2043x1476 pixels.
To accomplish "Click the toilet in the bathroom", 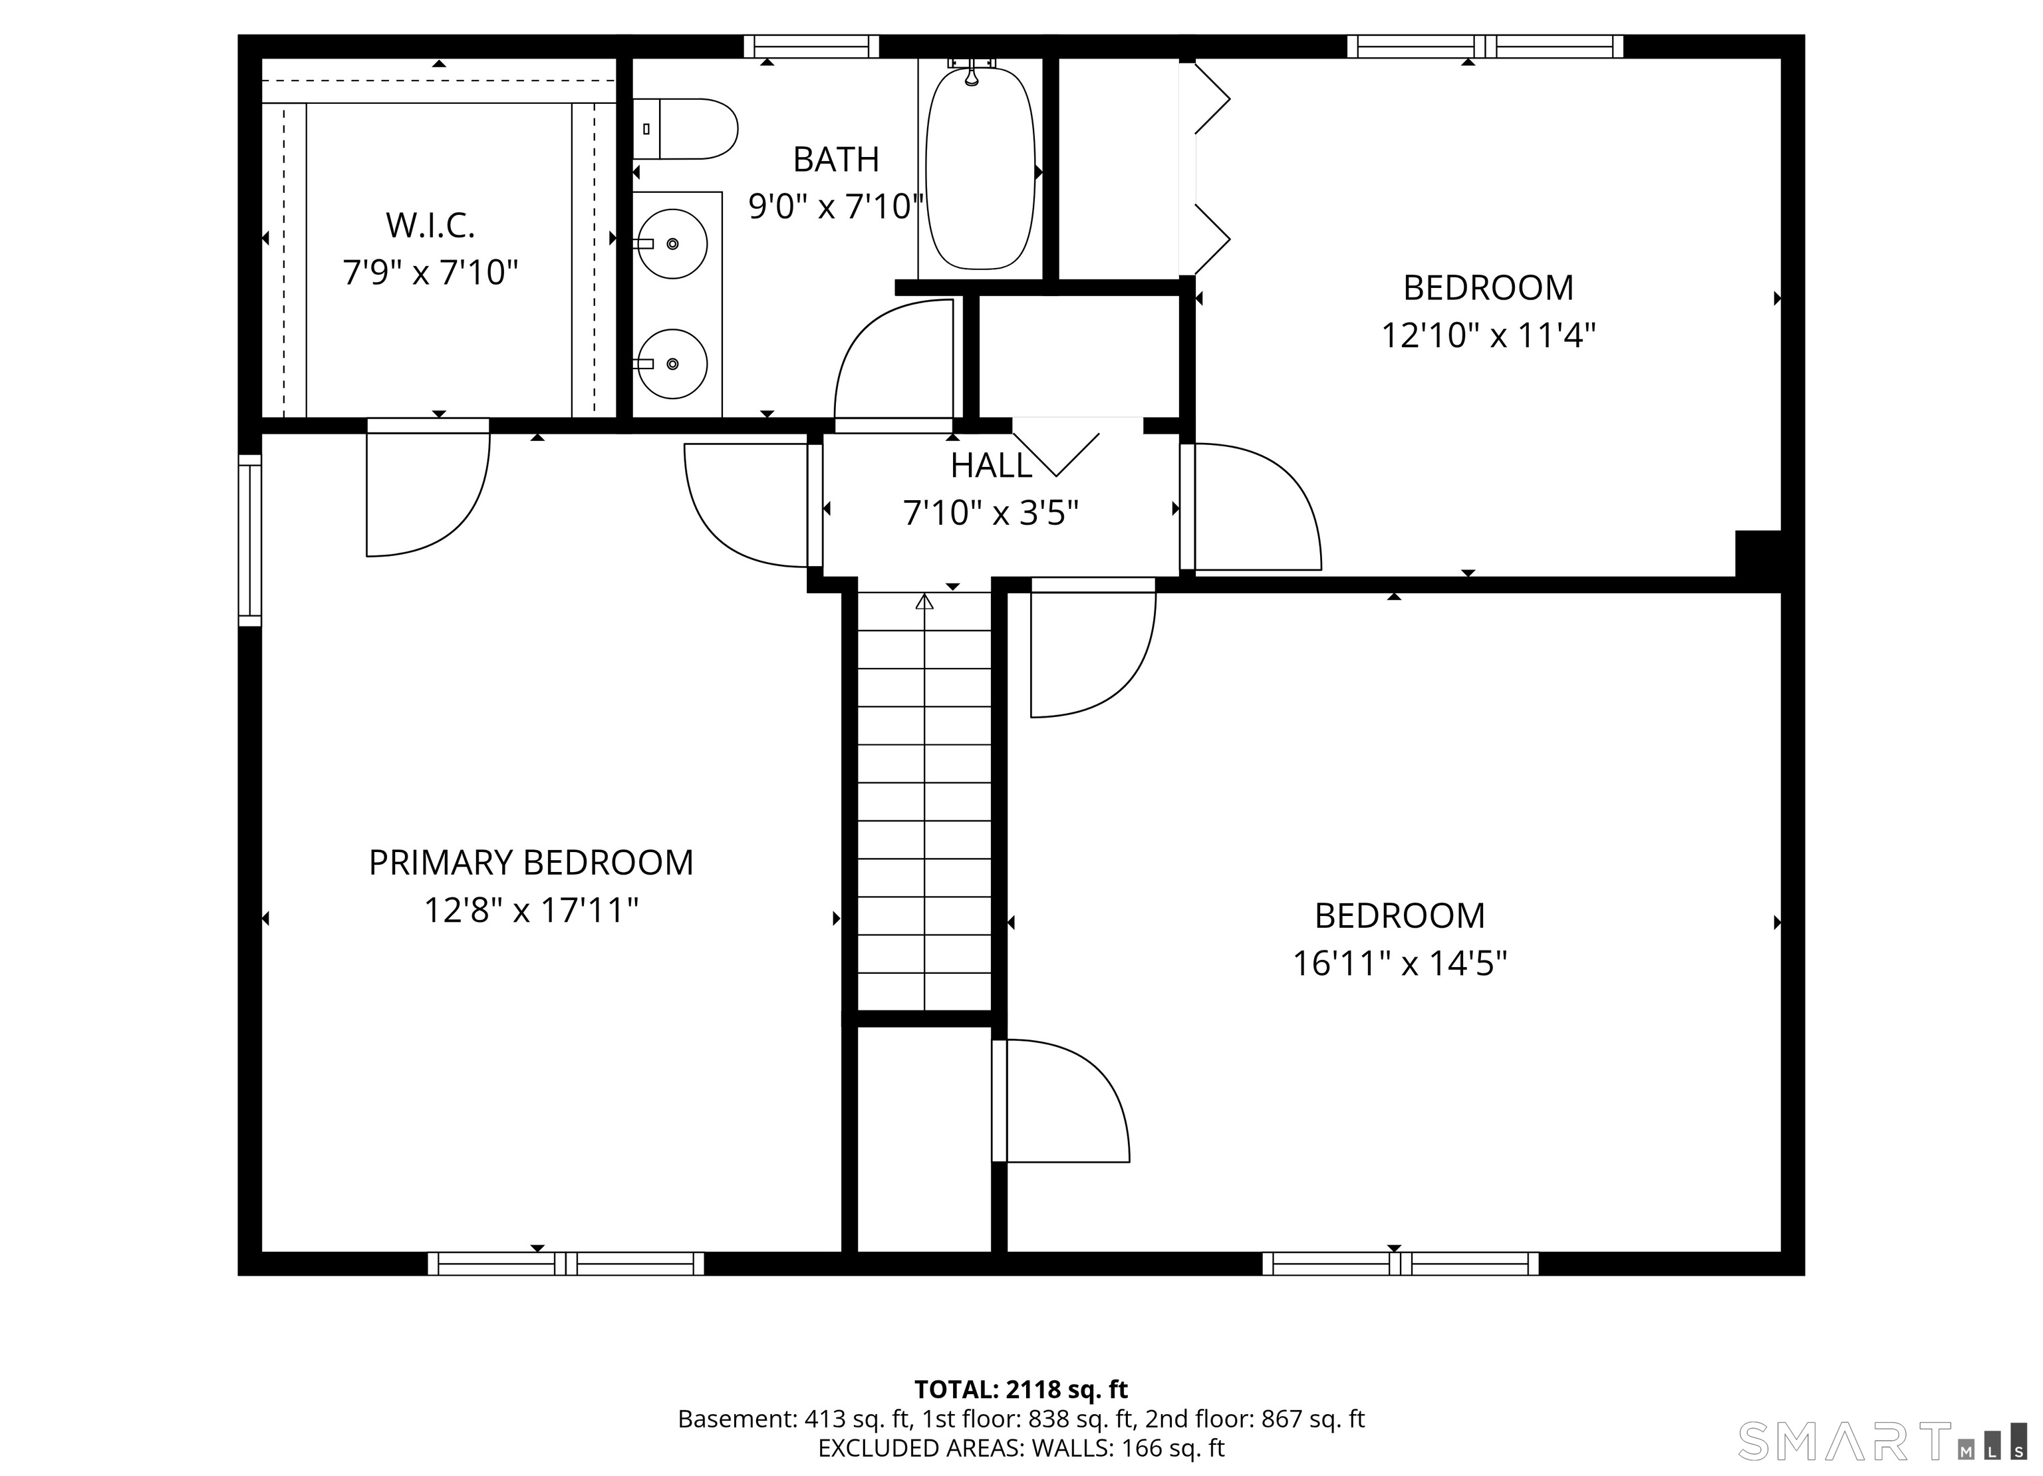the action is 684,129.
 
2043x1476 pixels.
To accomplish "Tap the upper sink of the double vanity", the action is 672,243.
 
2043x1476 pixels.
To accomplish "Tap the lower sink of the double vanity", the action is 672,363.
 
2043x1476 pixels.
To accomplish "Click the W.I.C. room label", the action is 430,225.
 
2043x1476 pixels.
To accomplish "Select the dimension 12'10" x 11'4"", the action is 1488,335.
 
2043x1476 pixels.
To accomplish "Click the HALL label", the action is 991,465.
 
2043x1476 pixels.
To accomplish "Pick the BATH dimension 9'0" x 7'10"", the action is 837,206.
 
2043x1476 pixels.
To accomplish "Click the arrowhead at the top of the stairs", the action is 924,601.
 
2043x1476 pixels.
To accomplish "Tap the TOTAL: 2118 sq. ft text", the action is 1021,1390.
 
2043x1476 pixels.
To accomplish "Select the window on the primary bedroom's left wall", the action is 249,539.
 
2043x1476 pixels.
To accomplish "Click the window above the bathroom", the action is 811,46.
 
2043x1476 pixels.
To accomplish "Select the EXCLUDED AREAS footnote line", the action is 1021,1448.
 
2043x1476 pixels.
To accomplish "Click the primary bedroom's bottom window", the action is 566,1263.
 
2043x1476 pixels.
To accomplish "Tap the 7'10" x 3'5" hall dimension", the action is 991,513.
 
